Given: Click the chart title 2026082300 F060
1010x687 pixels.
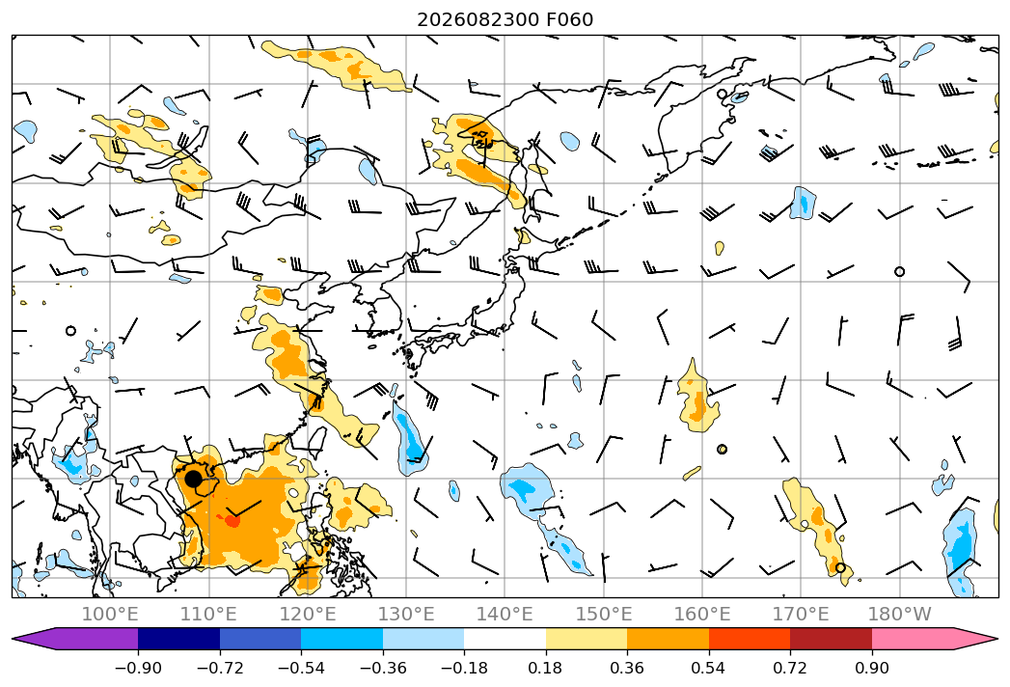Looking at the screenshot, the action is [x=505, y=19].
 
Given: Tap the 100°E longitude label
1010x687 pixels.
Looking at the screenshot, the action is [x=110, y=614].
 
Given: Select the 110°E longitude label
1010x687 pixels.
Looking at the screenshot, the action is [x=208, y=614].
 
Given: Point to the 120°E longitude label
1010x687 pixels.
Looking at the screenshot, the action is [x=308, y=614].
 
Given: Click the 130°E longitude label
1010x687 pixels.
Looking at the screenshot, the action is [x=406, y=614].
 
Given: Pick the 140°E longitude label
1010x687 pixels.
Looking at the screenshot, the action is [x=505, y=614].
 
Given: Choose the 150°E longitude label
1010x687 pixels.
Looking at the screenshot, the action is [x=604, y=614].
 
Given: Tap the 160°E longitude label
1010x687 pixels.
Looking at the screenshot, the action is [x=702, y=614].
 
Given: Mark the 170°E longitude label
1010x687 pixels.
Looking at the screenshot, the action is [x=801, y=614].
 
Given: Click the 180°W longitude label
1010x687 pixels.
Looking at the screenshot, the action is [x=899, y=614].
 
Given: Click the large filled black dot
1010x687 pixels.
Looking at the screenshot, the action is [x=193, y=479].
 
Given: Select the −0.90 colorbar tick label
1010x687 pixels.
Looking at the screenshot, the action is [x=138, y=668].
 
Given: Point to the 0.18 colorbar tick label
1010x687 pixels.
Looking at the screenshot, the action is [x=546, y=668].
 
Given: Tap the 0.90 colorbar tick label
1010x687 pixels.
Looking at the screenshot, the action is [x=871, y=668].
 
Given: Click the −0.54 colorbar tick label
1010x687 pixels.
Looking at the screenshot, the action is [x=301, y=668].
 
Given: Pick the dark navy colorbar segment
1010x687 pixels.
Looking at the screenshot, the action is [x=179, y=638].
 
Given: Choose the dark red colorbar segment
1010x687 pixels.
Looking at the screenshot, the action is [x=831, y=638].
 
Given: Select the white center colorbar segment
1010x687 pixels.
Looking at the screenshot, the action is [x=505, y=638].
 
